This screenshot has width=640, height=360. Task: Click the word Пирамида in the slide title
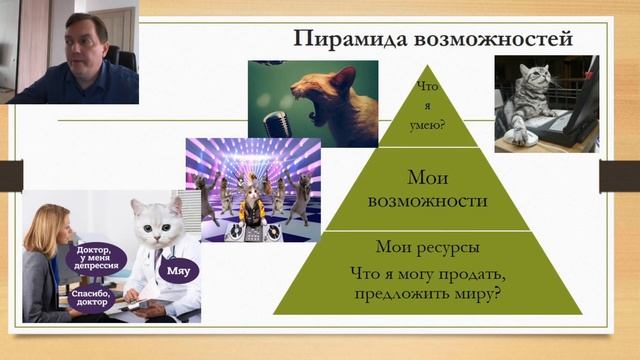[x=339, y=40]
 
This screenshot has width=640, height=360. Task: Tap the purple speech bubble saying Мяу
[x=181, y=270]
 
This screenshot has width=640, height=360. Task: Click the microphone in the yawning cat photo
[x=273, y=121]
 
